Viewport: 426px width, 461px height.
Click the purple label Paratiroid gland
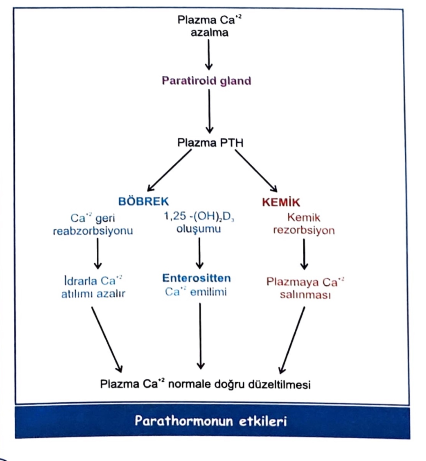coord(206,81)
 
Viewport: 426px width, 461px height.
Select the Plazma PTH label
coord(210,143)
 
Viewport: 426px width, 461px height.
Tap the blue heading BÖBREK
coord(143,201)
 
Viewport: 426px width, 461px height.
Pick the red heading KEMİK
coord(281,202)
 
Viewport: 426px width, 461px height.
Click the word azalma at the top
coord(209,33)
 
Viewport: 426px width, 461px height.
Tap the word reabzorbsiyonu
coord(93,231)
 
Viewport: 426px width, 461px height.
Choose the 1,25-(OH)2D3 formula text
coord(199,216)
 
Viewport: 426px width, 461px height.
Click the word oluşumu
coord(198,229)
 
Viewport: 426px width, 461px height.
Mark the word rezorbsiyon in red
coord(304,230)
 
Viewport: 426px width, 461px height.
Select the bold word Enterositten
coord(196,278)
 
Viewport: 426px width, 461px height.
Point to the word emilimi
coord(208,292)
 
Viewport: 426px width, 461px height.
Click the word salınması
coord(305,295)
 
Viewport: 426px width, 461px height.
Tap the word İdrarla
coord(80,281)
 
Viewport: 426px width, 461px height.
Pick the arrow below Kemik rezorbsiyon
coord(304,254)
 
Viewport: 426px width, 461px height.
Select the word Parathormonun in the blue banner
coord(184,421)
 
